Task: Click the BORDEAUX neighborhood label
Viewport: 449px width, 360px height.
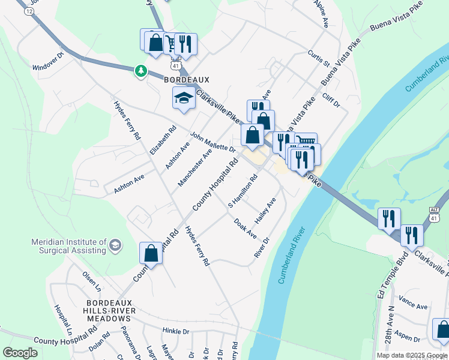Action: pyautogui.click(x=187, y=79)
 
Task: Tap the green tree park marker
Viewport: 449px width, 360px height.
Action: pyautogui.click(x=141, y=71)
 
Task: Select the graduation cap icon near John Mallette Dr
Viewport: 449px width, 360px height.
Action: pyautogui.click(x=184, y=98)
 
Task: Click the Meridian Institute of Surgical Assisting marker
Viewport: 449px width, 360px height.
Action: pyautogui.click(x=115, y=245)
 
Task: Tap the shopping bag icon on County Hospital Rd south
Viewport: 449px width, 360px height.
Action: pyautogui.click(x=151, y=253)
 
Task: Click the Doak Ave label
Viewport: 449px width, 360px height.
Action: pyautogui.click(x=246, y=227)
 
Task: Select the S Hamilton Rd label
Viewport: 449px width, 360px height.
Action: pyautogui.click(x=243, y=191)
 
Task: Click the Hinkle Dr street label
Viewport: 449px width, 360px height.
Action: pyautogui.click(x=176, y=331)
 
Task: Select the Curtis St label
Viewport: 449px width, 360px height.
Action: pyautogui.click(x=319, y=56)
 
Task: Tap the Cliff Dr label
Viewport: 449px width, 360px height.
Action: pyautogui.click(x=331, y=100)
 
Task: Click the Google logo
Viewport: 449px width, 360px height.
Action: pyautogui.click(x=20, y=353)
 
